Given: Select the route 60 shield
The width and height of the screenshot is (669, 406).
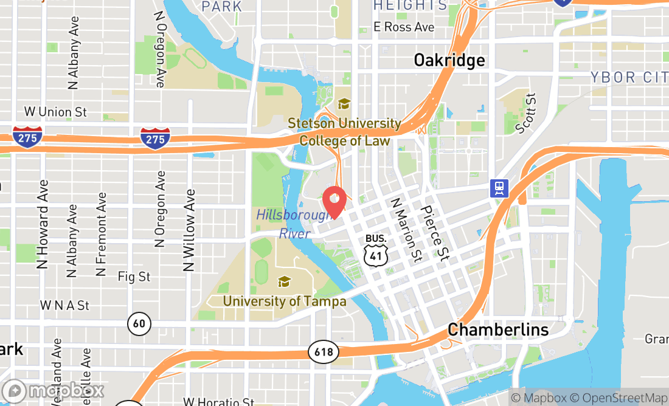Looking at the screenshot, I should coord(139,323).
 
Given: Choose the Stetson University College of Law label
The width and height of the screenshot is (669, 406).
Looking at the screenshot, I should coord(344,132).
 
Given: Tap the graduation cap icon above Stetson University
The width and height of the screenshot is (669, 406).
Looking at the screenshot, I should coord(344,104).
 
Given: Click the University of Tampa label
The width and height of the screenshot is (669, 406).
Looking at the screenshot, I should coord(284,301).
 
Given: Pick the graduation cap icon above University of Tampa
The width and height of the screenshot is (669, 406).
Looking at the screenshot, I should coord(284,281).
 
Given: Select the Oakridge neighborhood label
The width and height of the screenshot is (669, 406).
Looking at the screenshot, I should coord(449,60).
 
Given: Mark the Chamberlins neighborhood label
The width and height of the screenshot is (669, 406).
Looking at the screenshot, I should coord(498,330).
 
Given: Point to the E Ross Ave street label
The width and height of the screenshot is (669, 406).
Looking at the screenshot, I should coord(404,27).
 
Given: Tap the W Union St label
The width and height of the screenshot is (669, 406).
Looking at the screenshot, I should coord(55,112).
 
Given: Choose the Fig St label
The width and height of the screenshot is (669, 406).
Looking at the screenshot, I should coord(134,277).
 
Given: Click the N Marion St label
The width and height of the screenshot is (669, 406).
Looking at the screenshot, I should coord(406,230).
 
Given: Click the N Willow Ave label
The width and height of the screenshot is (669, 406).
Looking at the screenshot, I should coord(190,230).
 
